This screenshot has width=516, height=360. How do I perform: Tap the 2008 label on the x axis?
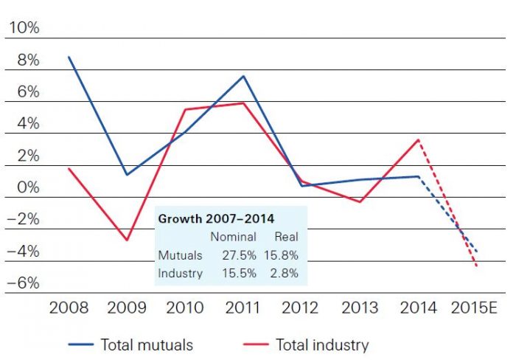[69, 307]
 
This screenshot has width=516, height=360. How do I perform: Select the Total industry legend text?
[322, 344]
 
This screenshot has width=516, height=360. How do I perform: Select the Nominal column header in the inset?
[233, 237]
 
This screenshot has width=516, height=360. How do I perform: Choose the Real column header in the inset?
[286, 237]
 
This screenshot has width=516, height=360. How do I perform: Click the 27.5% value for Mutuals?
[238, 255]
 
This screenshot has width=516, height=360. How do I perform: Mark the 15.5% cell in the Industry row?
[238, 273]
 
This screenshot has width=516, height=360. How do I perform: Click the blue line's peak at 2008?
[69, 57]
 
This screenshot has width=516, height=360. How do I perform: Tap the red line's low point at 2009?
[127, 240]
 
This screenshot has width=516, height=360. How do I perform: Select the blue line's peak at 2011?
[243, 76]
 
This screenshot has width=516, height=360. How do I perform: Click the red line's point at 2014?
[419, 139]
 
